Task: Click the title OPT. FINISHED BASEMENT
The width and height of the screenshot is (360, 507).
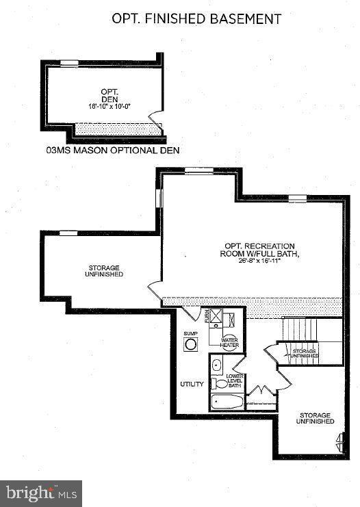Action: pos(196,18)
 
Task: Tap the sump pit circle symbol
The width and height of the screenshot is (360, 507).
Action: pos(190,346)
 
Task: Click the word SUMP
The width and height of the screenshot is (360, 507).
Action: pos(190,334)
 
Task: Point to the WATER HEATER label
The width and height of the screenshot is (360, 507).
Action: pos(230,342)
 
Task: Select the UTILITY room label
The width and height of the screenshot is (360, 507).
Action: pos(192,384)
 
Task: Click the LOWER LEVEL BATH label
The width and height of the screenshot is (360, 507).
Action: pos(235,381)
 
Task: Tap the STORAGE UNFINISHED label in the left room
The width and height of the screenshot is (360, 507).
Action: pos(105,271)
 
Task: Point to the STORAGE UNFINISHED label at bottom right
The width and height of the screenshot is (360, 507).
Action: pos(314,419)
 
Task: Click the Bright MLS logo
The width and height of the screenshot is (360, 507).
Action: pos(41,493)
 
